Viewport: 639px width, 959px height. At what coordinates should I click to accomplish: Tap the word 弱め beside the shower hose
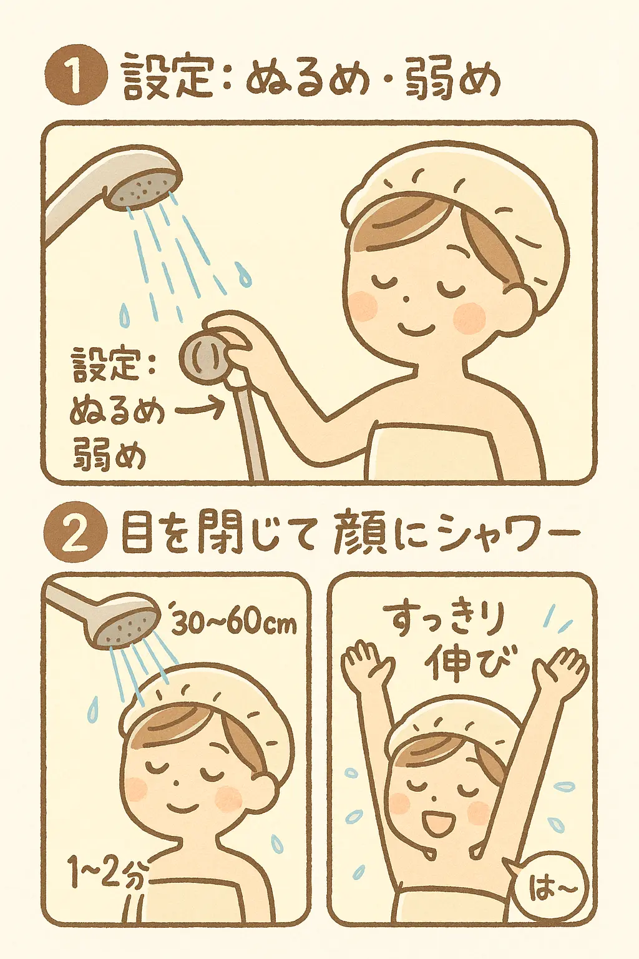coord(110,455)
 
